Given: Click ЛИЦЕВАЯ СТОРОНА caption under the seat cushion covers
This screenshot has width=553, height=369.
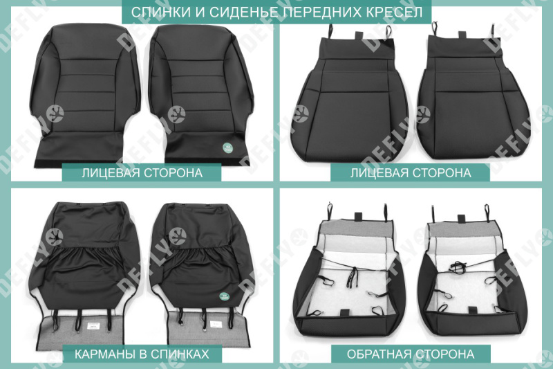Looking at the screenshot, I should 411,172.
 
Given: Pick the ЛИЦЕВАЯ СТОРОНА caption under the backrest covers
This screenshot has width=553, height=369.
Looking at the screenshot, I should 142,172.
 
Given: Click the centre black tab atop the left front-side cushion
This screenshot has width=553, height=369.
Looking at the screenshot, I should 360,37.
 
